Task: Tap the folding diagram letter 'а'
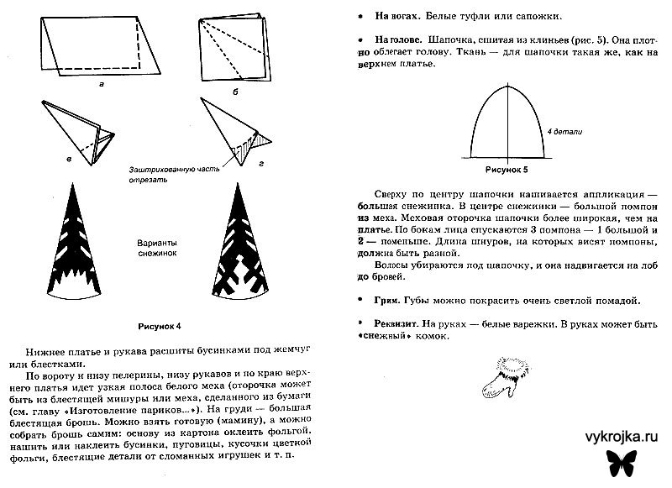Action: (x=102, y=85)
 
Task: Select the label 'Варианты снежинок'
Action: (x=157, y=245)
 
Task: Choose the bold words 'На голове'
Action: (x=381, y=39)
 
